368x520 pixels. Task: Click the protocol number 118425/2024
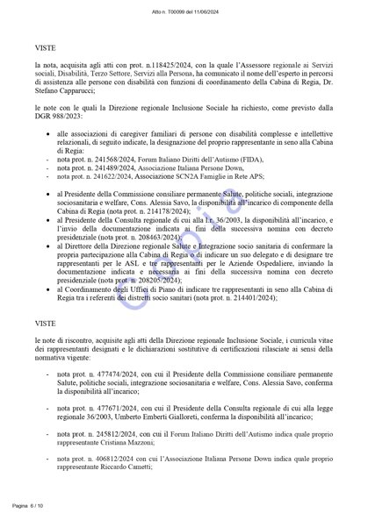[147, 66]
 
